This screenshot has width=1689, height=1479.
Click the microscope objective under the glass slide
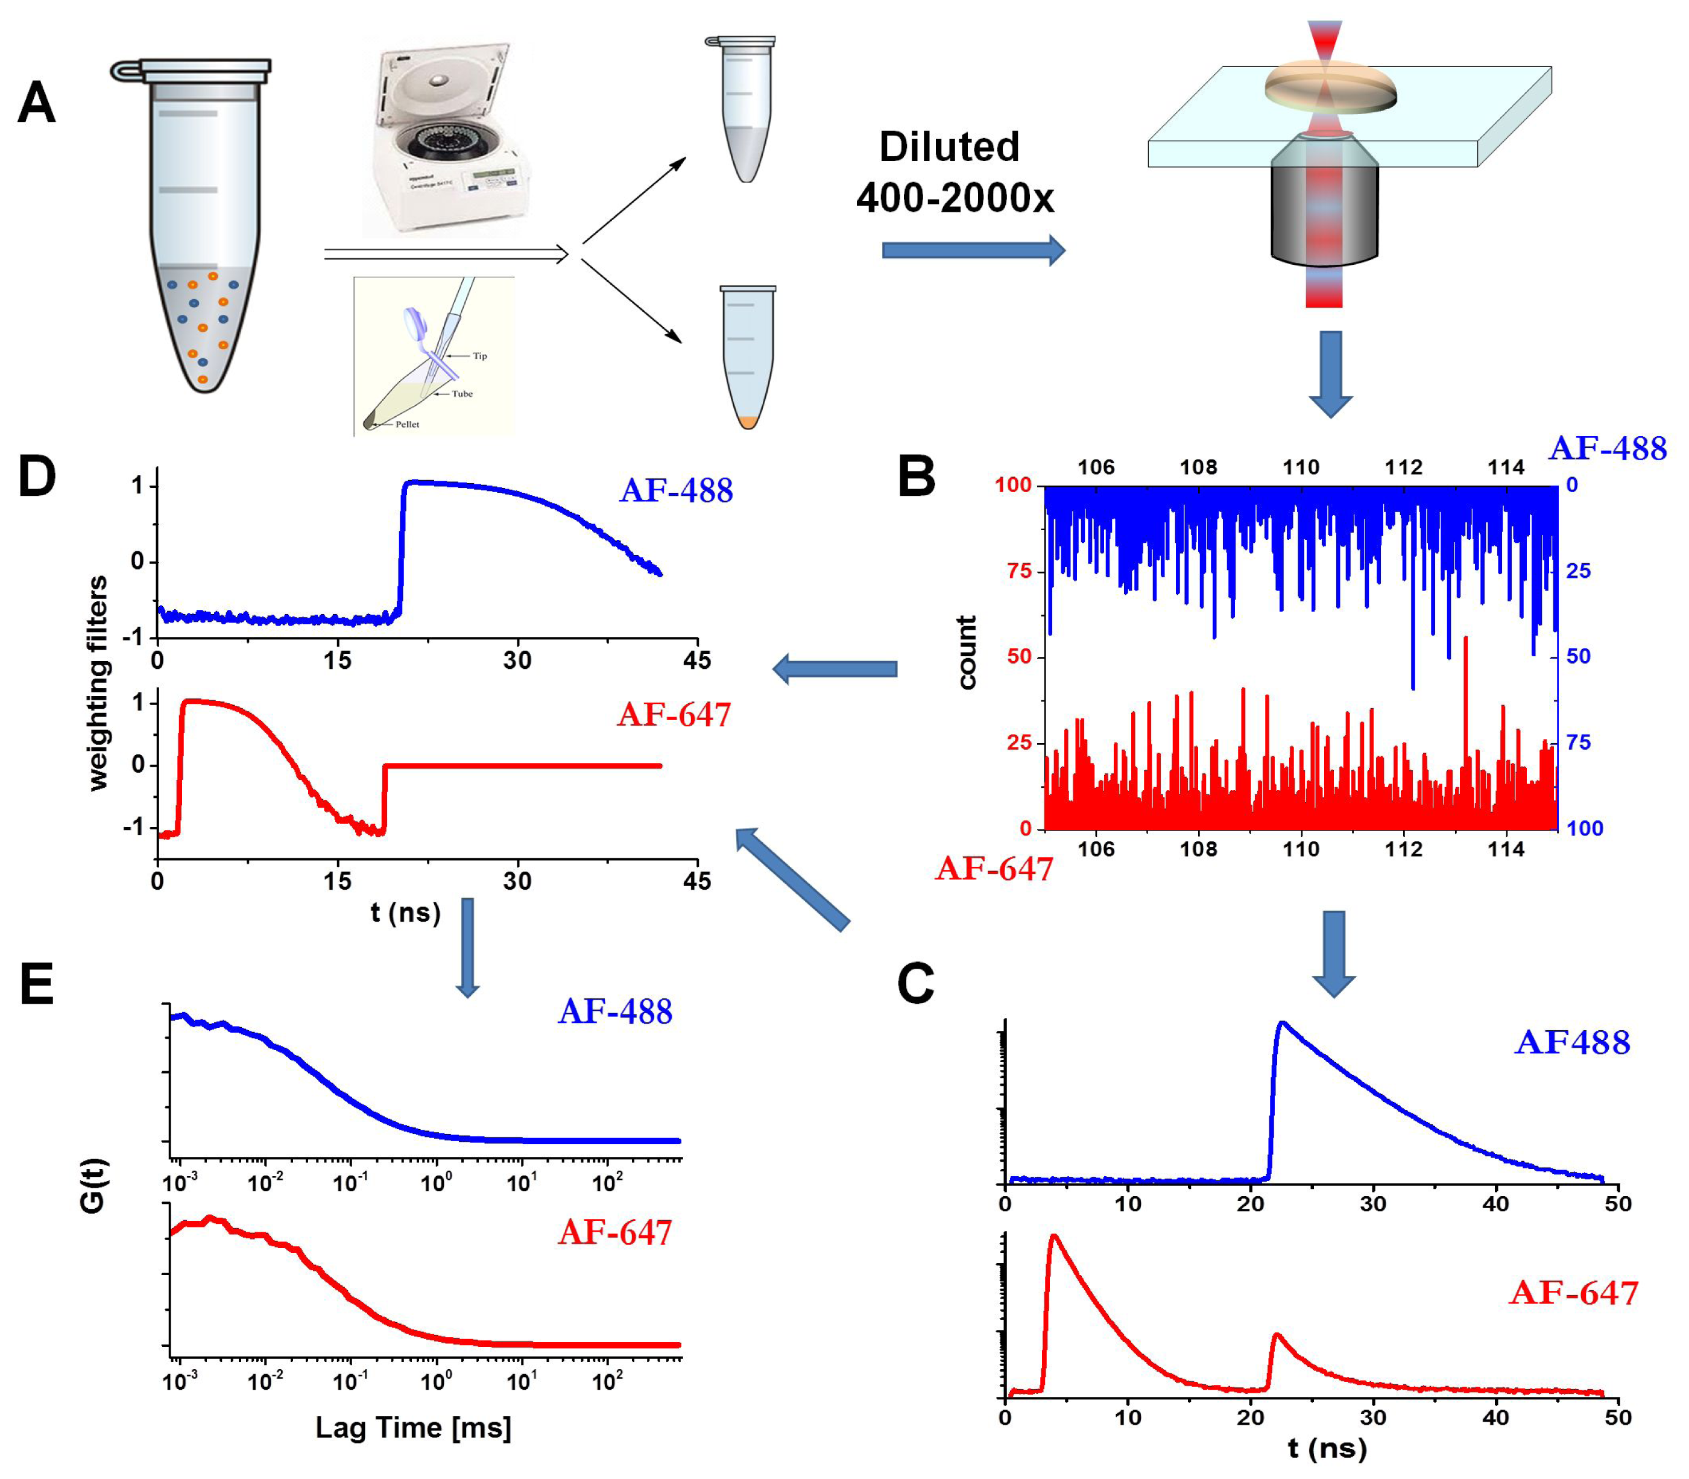(1324, 206)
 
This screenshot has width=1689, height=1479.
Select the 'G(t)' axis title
(92, 1186)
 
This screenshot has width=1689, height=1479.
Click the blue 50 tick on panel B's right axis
(1577, 656)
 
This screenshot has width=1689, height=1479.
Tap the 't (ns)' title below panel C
(1327, 1448)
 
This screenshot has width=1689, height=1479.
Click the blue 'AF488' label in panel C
(1572, 1042)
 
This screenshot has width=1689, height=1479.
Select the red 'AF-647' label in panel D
(674, 715)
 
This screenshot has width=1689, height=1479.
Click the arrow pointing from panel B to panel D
(835, 668)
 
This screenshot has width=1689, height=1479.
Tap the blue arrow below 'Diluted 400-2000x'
(973, 250)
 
